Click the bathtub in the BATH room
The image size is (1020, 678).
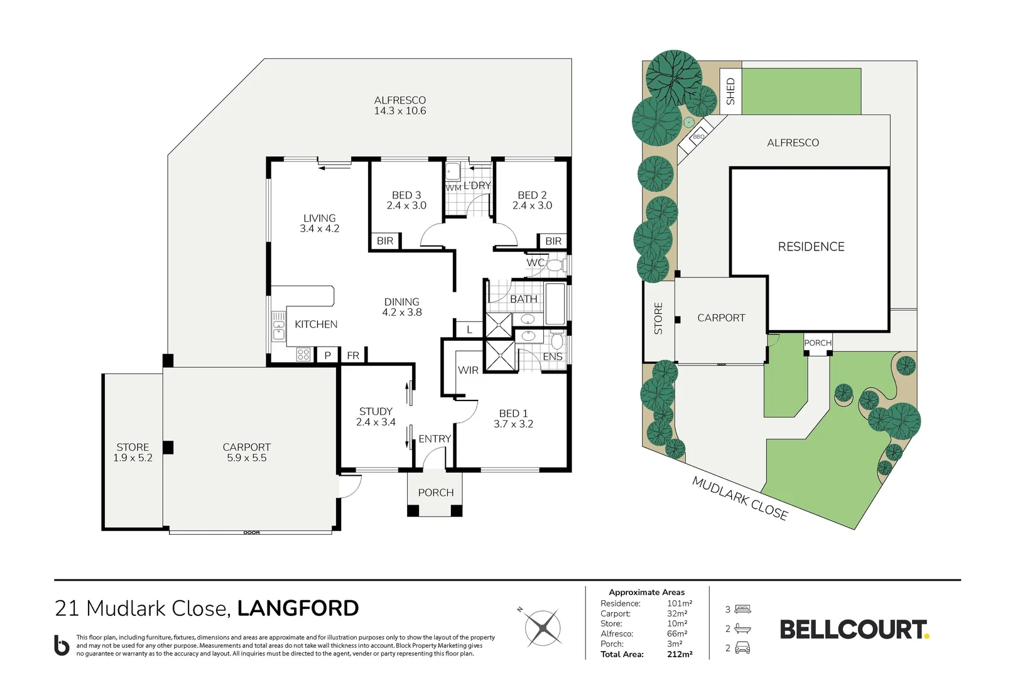point(555,304)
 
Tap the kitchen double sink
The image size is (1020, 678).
point(278,326)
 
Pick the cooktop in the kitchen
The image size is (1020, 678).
point(303,354)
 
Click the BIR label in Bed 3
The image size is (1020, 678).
point(385,240)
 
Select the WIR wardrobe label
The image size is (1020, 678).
point(468,370)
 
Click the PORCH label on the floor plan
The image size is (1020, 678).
point(436,492)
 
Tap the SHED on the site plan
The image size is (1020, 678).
point(730,91)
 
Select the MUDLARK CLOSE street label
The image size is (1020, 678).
point(740,498)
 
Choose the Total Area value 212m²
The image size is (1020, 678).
point(680,654)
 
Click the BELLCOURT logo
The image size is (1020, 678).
point(855,630)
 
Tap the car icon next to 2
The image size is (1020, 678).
point(742,647)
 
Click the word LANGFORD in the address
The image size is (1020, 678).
point(298,608)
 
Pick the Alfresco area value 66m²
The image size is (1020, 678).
point(677,634)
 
